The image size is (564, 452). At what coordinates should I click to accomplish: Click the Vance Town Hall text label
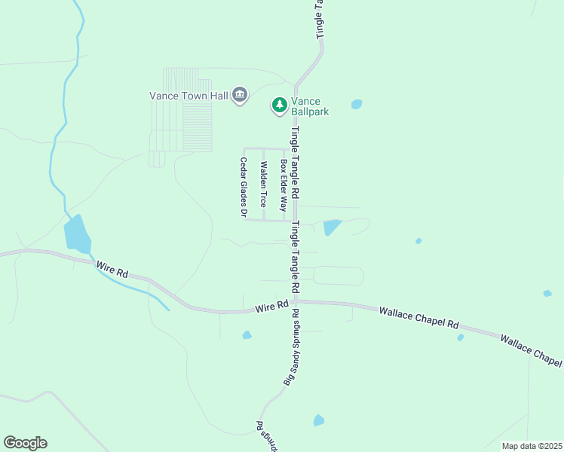coord(188,95)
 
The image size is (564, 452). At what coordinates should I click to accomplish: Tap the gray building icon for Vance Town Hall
coord(240,95)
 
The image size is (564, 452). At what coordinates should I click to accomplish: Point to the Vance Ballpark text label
coord(307,106)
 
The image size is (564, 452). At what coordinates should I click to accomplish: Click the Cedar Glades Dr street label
coord(244,188)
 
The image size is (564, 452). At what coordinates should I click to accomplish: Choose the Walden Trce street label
coord(263,185)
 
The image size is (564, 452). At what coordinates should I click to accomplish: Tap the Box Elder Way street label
coord(284,185)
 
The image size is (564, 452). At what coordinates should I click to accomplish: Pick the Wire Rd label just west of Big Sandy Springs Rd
coord(272,307)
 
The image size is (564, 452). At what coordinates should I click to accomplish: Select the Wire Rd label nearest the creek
coord(113,269)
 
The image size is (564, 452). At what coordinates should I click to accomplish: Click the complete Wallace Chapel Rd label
coord(419,316)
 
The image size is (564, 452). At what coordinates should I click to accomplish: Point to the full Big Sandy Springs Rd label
coord(292,348)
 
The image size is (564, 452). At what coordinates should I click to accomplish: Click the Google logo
coord(25,443)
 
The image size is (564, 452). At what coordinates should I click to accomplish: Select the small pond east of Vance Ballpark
coord(357,105)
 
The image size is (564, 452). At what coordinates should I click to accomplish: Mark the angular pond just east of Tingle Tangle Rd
coord(331,227)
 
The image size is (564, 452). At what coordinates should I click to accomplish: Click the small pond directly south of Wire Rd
coord(247,335)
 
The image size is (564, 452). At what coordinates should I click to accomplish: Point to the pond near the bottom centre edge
coord(319,420)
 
